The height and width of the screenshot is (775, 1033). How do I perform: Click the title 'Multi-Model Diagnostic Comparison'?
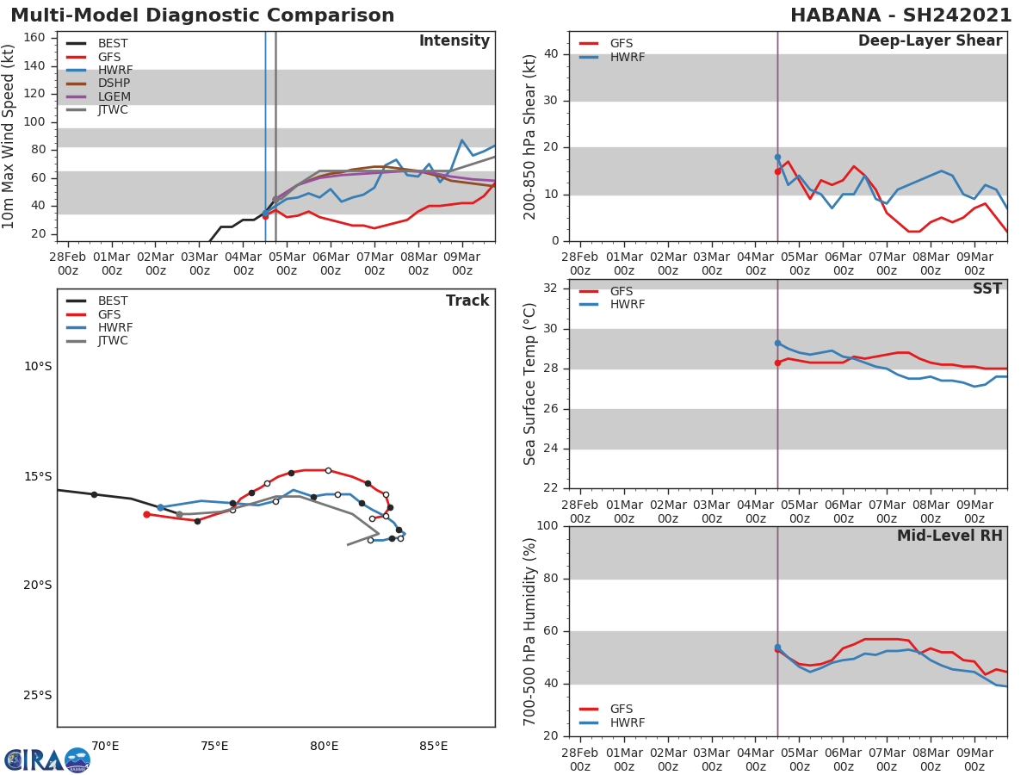tap(202, 15)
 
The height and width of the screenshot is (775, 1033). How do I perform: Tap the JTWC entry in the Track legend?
tap(113, 341)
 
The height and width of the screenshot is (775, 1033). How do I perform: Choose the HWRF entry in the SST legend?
tap(627, 305)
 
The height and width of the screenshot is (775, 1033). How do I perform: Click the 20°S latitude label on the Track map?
tap(37, 586)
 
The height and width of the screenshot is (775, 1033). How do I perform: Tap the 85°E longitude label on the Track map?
tap(433, 747)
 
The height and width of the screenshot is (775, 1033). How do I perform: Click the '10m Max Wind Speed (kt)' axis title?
tap(9, 136)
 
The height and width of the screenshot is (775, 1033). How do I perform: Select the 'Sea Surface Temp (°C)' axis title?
tap(530, 384)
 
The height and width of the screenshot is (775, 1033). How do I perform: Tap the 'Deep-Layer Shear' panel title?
tap(930, 41)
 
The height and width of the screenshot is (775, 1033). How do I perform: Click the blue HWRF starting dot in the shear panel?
tap(777, 158)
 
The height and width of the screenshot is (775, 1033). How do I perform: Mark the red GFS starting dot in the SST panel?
tap(777, 363)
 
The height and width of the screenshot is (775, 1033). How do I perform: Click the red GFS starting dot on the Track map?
tap(146, 514)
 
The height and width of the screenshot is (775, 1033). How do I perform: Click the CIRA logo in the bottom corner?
tap(46, 759)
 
